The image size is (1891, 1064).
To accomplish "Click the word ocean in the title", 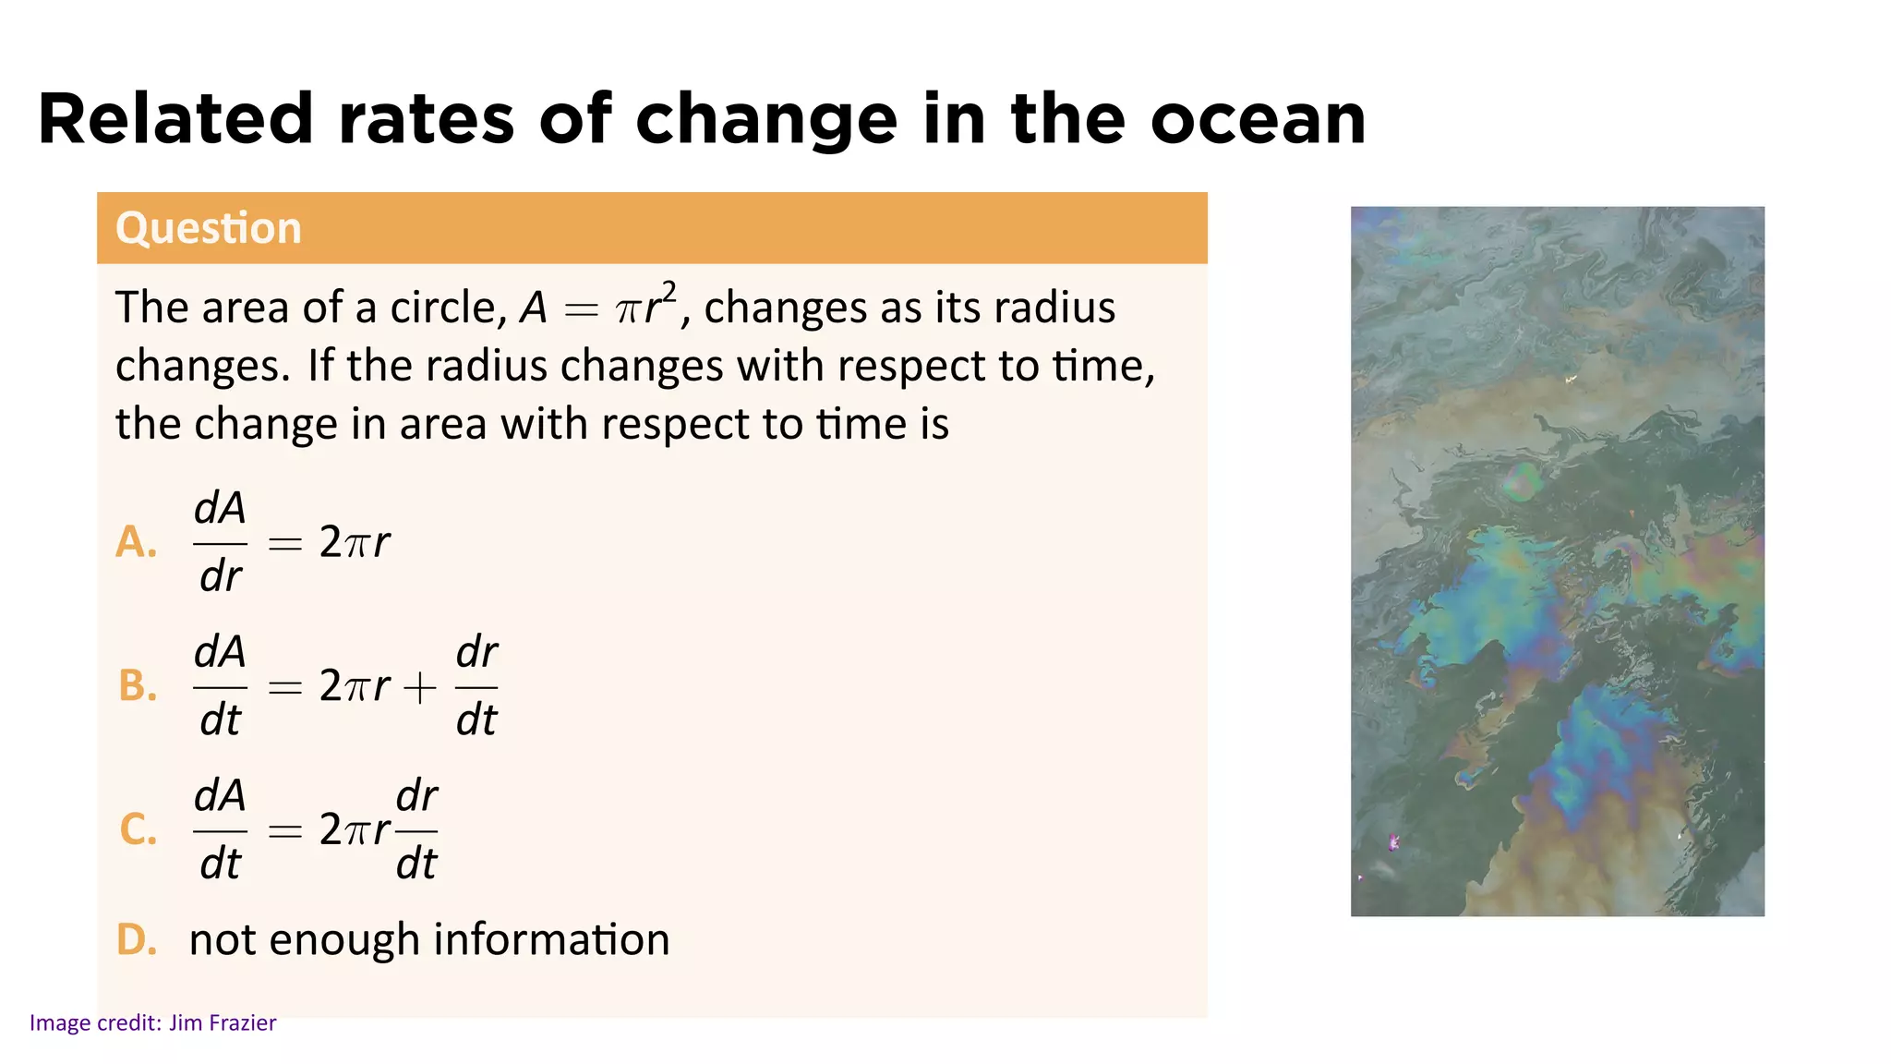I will (1257, 120).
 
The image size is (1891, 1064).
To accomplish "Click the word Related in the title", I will (175, 120).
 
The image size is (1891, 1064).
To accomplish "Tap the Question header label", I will (209, 228).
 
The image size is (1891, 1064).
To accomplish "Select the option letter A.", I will (136, 542).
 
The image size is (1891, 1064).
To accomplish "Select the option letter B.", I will (138, 686).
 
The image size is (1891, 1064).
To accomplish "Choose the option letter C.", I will (138, 829).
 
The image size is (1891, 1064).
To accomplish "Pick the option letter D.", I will (137, 940).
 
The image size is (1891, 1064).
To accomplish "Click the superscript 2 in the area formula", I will (669, 292).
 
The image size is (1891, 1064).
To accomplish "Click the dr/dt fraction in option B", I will (476, 686).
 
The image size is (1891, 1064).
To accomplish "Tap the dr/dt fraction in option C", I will (416, 829).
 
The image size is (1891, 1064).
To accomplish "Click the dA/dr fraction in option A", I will (220, 542).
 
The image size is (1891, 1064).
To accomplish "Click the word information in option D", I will (551, 940).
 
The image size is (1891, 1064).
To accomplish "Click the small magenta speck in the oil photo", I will (1394, 841).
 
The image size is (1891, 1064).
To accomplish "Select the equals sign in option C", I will (284, 831).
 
